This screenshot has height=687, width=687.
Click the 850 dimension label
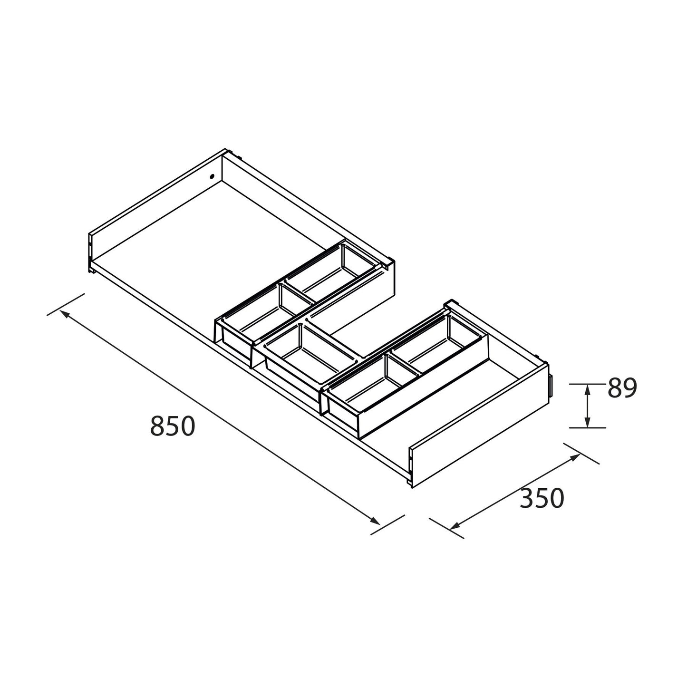[x=173, y=426]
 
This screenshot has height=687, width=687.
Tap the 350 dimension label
[x=542, y=499]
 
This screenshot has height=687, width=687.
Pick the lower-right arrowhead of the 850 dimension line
[x=376, y=522]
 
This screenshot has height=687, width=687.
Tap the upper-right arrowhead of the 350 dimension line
[x=576, y=456]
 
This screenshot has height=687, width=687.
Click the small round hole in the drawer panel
[x=212, y=177]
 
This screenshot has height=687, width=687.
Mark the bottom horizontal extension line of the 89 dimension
[x=588, y=428]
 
